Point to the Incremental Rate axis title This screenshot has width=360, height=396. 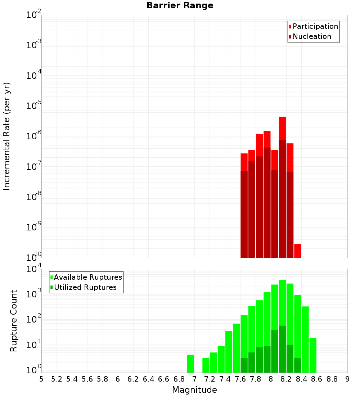pyautogui.click(x=7, y=136)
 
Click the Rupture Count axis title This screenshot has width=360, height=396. pyautogui.click(x=14, y=321)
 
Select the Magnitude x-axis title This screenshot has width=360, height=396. pyautogui.click(x=194, y=390)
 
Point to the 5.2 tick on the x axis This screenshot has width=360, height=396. pyautogui.click(x=57, y=379)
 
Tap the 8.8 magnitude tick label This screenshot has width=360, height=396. pyautogui.click(x=332, y=379)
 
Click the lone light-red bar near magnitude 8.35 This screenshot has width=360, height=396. pyautogui.click(x=298, y=251)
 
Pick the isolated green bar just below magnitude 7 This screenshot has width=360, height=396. pyautogui.click(x=190, y=364)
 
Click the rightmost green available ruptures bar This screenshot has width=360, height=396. pyautogui.click(x=313, y=355)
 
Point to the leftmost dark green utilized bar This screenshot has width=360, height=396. pyautogui.click(x=244, y=365)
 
